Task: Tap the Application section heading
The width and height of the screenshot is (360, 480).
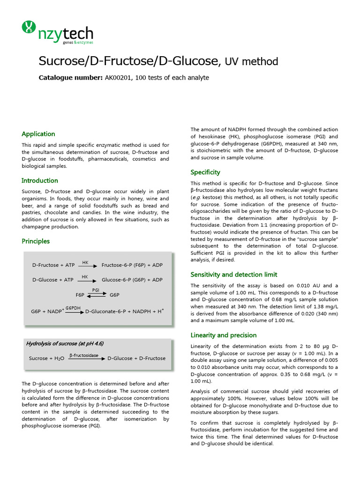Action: click(38, 134)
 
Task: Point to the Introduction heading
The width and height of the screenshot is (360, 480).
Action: click(40, 180)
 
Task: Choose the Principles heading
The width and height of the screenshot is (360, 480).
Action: click(36, 241)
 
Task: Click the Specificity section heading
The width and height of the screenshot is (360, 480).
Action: click(205, 172)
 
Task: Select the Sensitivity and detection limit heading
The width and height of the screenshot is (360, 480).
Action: click(234, 275)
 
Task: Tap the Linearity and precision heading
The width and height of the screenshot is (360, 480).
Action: click(224, 335)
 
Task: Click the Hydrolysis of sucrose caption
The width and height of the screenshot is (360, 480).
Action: click(65, 344)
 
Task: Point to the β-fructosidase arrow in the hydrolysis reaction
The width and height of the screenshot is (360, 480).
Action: click(84, 358)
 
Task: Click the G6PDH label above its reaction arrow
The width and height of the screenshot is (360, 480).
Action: click(73, 308)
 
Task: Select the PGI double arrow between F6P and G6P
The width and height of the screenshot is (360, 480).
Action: click(96, 295)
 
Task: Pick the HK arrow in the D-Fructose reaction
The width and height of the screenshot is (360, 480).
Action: click(85, 265)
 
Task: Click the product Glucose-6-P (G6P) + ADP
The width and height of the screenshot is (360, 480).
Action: click(132, 280)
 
